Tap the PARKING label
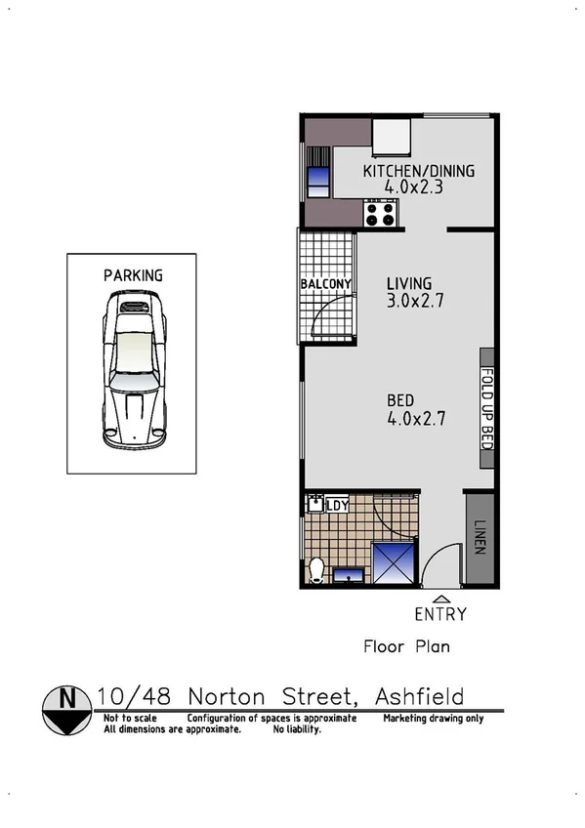coord(133,276)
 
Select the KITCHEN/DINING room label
coord(418,171)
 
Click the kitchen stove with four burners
coord(380,213)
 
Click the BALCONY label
coord(326,284)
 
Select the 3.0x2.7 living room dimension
coord(415,302)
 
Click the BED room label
coord(400,400)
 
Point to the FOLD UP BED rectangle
coord(486,407)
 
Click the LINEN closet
coord(479,538)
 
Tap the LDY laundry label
coord(337,505)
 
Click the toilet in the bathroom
coord(316,569)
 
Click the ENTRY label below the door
coord(440,614)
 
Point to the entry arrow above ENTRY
coord(441,599)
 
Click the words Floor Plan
coord(406,646)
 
